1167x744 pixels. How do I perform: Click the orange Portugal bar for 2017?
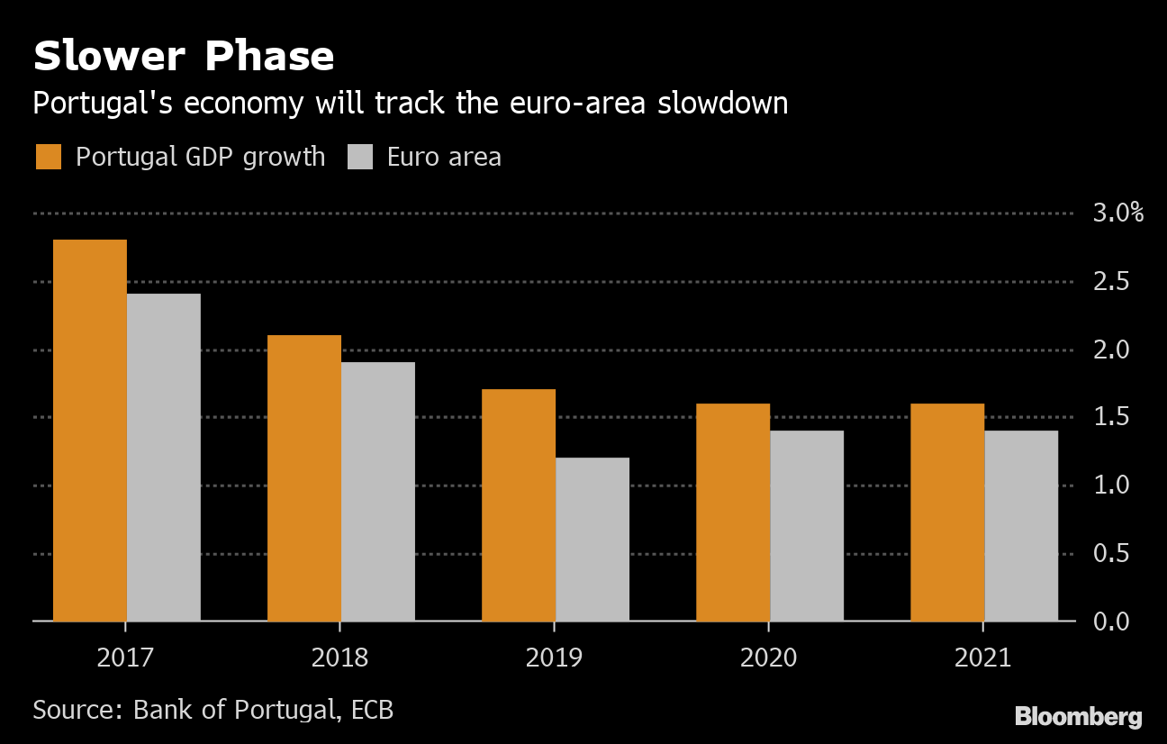pyautogui.click(x=90, y=431)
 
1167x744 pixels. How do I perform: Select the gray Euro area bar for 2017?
pyautogui.click(x=163, y=458)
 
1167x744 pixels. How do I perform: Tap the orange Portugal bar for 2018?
pyautogui.click(x=304, y=478)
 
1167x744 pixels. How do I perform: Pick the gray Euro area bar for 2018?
pyautogui.click(x=377, y=492)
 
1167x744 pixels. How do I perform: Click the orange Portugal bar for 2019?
pyautogui.click(x=519, y=505)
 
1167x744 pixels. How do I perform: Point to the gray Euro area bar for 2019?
pyautogui.click(x=592, y=540)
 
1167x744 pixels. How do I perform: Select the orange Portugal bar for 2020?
pyautogui.click(x=733, y=513)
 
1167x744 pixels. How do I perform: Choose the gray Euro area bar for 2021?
pyautogui.click(x=1020, y=526)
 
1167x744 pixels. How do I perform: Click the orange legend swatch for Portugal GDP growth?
pyautogui.click(x=49, y=157)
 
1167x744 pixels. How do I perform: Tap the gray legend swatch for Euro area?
pyautogui.click(x=359, y=157)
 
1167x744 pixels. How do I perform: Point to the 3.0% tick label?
pyautogui.click(x=1117, y=213)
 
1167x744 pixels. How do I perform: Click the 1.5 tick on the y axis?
pyautogui.click(x=1111, y=417)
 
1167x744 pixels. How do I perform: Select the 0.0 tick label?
pyautogui.click(x=1111, y=622)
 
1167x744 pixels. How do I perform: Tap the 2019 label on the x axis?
pyautogui.click(x=554, y=658)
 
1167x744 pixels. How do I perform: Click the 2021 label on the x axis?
pyautogui.click(x=982, y=658)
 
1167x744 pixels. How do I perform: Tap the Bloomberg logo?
pyautogui.click(x=1078, y=717)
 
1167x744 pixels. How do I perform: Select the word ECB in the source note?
pyautogui.click(x=371, y=710)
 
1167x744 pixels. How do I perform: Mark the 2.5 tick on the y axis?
pyautogui.click(x=1111, y=282)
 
